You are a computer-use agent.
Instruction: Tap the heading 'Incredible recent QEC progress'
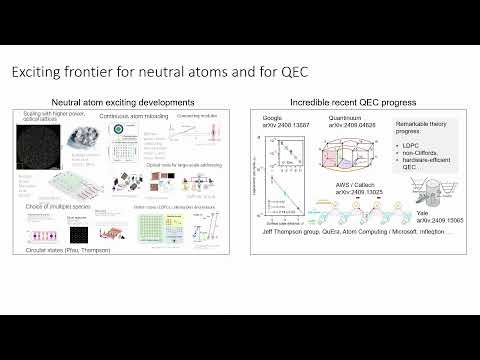tap(354, 102)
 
